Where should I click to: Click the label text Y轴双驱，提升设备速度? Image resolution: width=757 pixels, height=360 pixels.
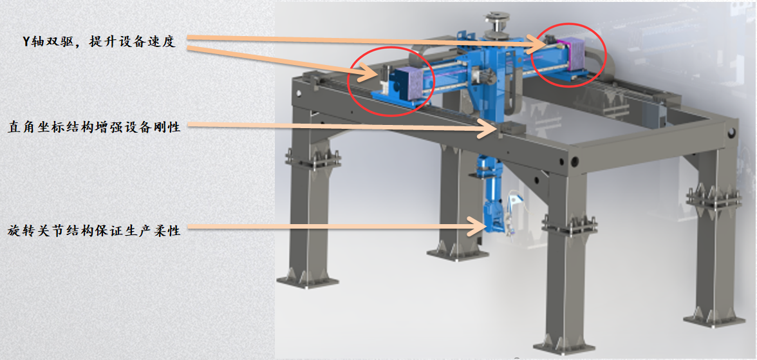pyautogui.click(x=99, y=42)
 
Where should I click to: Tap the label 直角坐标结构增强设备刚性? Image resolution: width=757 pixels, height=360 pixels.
pyautogui.click(x=94, y=128)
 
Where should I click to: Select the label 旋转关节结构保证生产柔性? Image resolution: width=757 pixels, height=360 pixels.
pyautogui.click(x=94, y=231)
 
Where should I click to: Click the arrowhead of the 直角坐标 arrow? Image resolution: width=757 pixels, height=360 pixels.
pyautogui.click(x=489, y=128)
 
